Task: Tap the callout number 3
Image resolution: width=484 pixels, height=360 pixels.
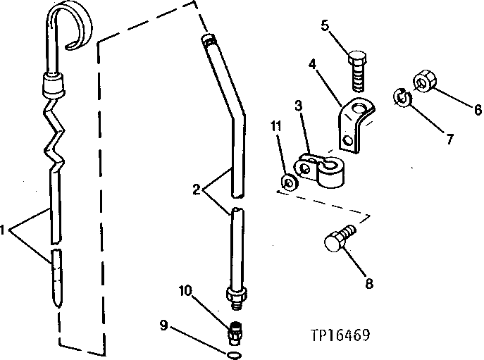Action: (299, 106)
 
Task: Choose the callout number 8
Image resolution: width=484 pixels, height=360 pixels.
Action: (369, 284)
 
